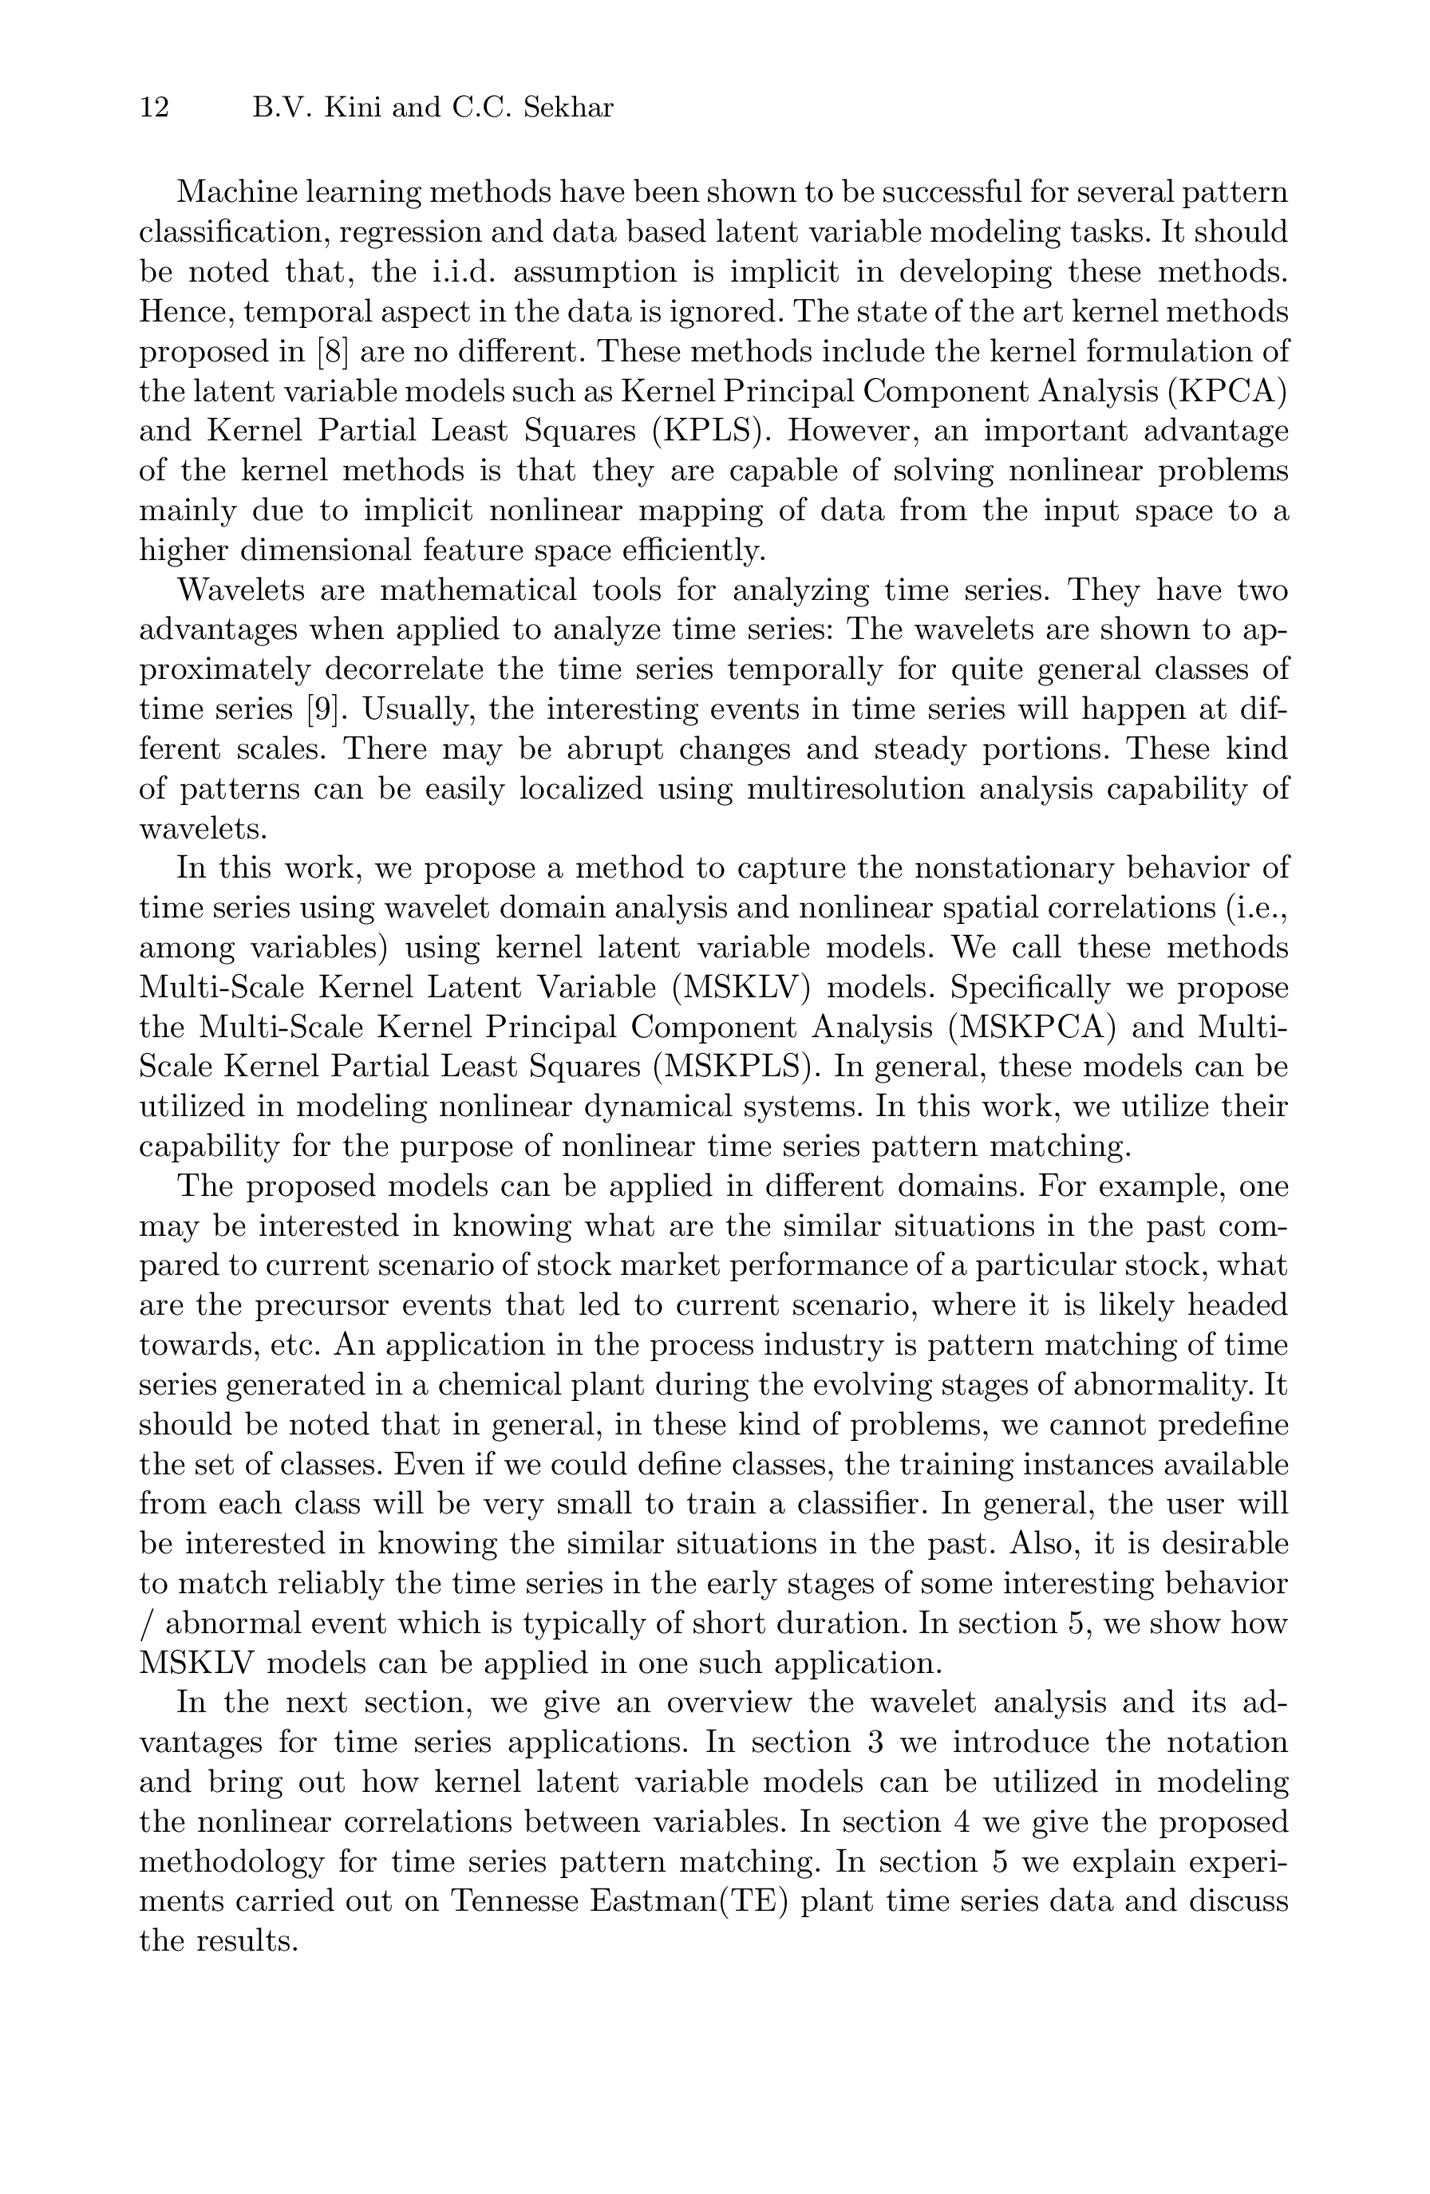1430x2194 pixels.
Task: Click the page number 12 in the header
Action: (154, 109)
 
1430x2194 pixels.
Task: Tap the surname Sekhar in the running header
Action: (568, 109)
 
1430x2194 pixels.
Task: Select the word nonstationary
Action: (978, 868)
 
